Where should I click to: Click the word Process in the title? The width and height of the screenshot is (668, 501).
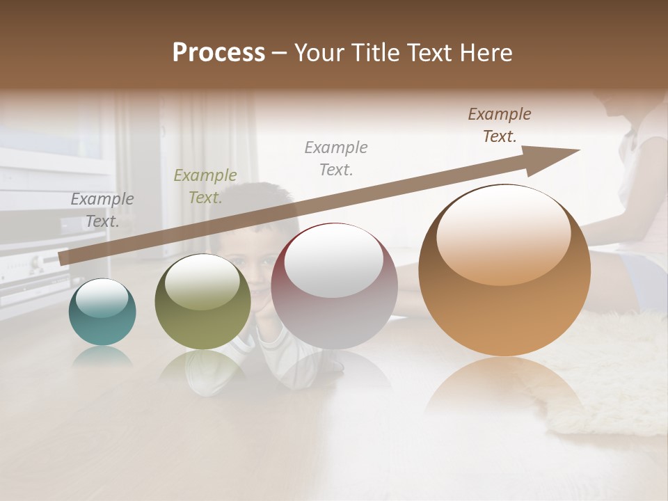coord(218,53)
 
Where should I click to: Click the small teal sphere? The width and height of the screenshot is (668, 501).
coord(102,312)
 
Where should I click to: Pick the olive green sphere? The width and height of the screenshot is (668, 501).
coord(202,301)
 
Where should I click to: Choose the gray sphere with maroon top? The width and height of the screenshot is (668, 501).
coord(334,286)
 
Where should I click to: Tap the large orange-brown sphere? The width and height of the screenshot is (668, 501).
coord(504,271)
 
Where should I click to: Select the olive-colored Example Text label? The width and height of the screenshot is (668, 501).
coord(205,186)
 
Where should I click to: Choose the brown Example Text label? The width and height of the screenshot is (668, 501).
coord(499,125)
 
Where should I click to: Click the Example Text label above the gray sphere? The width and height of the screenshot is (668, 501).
coord(336,158)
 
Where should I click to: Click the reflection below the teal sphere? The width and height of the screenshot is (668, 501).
coord(102,356)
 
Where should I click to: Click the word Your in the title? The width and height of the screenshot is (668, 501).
coord(319,53)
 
